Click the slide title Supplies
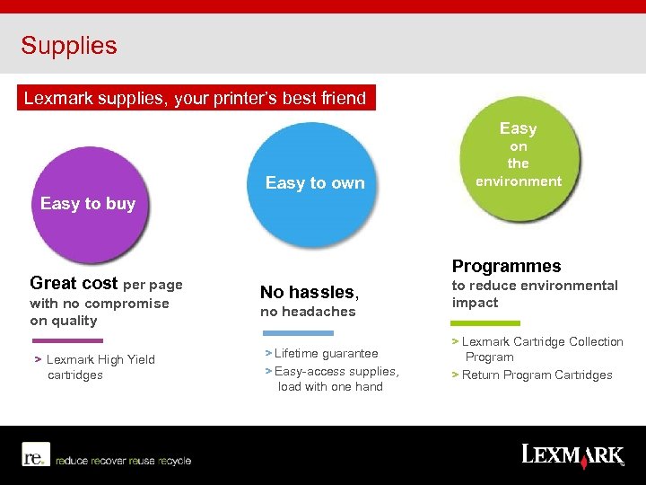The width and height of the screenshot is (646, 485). [x=69, y=46]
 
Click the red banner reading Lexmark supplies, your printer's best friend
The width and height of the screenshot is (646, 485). [x=195, y=98]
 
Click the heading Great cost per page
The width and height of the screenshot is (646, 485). [x=106, y=284]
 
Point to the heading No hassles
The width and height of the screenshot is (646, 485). [x=309, y=292]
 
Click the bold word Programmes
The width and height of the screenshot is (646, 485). [x=506, y=266]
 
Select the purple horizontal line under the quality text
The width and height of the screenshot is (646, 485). [x=67, y=340]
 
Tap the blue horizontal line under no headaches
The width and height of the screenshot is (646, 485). [x=296, y=332]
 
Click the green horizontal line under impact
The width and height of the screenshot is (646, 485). [x=485, y=323]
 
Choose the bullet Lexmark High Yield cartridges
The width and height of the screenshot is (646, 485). [x=97, y=367]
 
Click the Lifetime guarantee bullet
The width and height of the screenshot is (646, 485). [x=325, y=354]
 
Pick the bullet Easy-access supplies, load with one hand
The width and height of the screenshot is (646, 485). [x=334, y=379]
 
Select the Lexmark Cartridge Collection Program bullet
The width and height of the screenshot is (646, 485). [x=540, y=348]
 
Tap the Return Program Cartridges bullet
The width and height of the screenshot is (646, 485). [x=536, y=375]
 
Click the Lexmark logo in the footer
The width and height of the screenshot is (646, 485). [x=572, y=454]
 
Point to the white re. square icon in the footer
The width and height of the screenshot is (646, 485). [x=35, y=454]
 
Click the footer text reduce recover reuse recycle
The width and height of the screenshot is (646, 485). [x=123, y=461]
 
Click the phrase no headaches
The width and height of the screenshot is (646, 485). [x=308, y=312]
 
